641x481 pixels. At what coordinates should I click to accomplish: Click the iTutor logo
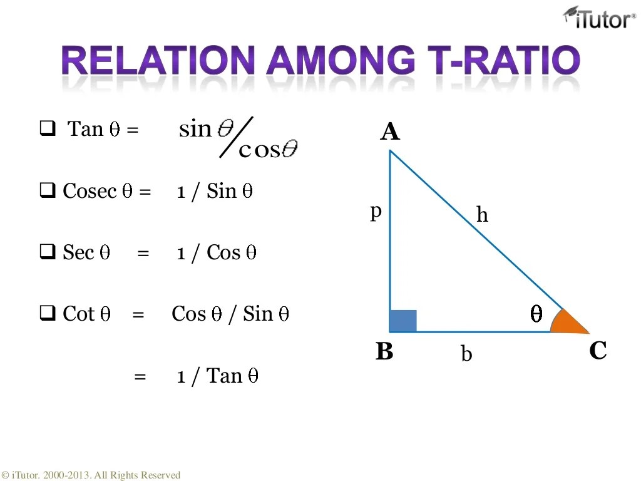click(600, 18)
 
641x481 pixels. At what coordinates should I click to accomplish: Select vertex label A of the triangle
click(389, 132)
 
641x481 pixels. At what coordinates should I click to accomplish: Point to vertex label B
click(384, 352)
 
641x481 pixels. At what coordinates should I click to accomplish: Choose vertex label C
click(598, 351)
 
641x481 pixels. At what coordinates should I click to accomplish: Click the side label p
click(376, 212)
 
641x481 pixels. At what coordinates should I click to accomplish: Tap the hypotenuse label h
click(482, 215)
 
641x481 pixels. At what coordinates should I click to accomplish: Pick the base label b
click(466, 354)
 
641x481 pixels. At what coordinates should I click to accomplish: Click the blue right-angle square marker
click(403, 320)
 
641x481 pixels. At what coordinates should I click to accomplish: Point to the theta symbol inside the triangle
click(536, 314)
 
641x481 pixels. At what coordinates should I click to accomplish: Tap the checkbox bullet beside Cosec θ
click(48, 191)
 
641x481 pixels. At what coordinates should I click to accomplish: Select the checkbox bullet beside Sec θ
click(48, 252)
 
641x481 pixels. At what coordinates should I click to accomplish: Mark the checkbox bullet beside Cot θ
click(48, 314)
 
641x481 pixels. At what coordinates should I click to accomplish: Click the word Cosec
click(90, 191)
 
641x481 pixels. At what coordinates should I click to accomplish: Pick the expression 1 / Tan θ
click(217, 376)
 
